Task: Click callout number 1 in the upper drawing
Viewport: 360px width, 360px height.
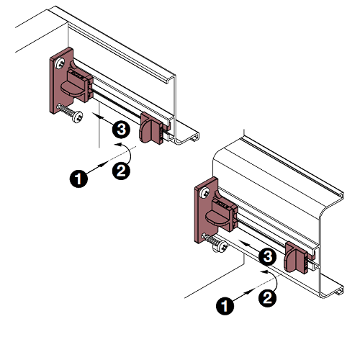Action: tap(78, 179)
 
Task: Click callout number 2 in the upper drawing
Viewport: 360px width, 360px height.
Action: tap(121, 171)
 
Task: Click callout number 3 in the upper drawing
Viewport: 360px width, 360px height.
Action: tap(121, 130)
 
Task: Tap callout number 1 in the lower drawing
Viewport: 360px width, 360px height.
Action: tap(225, 305)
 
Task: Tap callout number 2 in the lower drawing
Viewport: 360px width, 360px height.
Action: tap(267, 298)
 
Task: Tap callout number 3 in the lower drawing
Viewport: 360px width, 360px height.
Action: tap(267, 257)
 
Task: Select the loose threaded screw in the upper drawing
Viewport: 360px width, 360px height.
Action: tap(70, 113)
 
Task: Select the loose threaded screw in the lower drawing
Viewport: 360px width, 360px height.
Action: tap(215, 243)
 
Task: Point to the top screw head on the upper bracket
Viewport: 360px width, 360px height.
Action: tap(60, 63)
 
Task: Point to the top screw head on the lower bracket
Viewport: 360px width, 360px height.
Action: tap(205, 193)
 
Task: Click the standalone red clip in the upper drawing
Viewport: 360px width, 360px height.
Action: tap(151, 129)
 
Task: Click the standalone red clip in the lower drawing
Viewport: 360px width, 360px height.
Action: tap(297, 257)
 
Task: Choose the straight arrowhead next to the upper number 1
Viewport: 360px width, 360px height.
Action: tap(104, 164)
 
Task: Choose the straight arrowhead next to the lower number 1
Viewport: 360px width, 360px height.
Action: tap(250, 292)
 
